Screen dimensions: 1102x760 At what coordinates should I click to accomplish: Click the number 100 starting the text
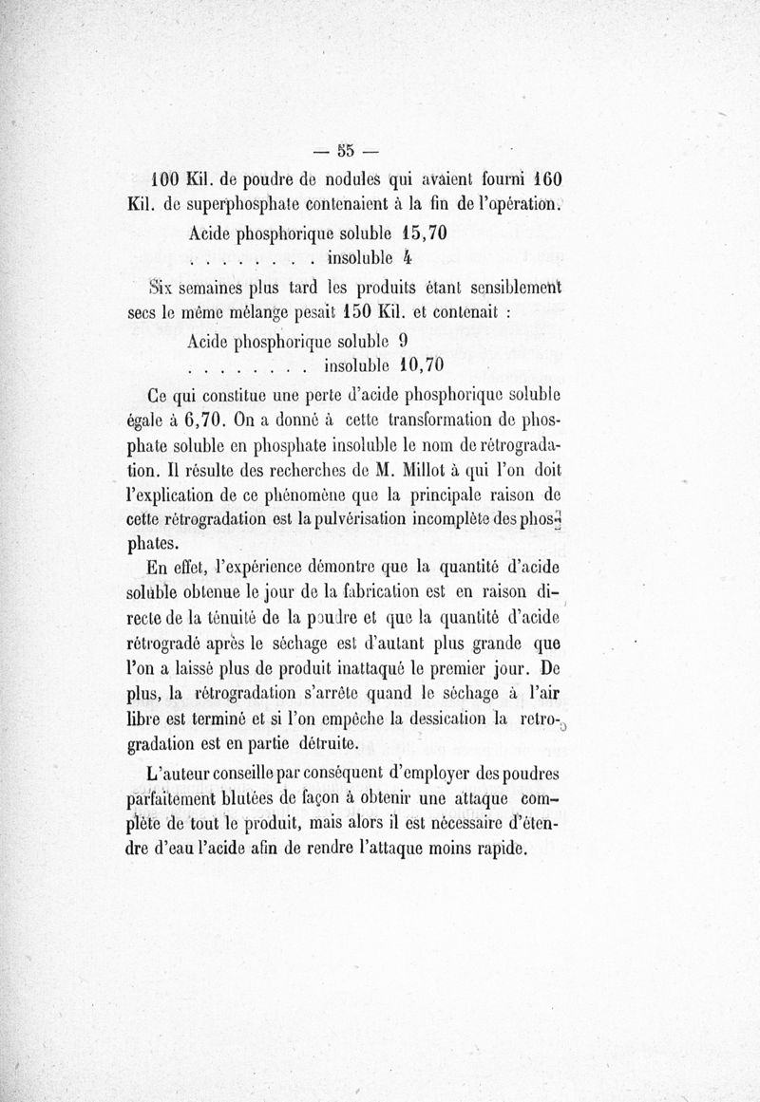170,178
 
